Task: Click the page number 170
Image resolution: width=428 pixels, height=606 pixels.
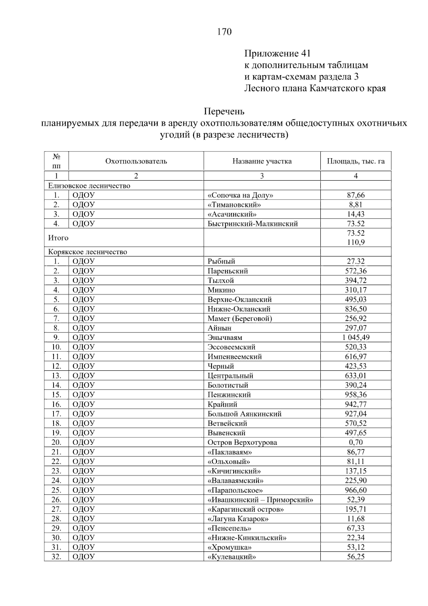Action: [224, 32]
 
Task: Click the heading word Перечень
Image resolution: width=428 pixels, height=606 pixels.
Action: [224, 111]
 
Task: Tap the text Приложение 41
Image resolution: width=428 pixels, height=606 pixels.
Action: [277, 54]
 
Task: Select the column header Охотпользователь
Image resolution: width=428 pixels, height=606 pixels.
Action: [136, 161]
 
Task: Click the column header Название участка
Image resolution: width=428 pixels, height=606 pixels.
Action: [262, 161]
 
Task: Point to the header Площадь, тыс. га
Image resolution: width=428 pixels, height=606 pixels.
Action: [356, 161]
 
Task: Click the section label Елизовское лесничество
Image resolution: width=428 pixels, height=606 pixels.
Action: [89, 186]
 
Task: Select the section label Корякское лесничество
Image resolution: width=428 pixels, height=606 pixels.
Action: [88, 252]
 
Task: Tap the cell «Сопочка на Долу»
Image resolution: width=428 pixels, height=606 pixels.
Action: [241, 195]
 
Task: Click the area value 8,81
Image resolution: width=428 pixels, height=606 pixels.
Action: [356, 205]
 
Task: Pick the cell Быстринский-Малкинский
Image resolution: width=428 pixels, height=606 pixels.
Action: [253, 224]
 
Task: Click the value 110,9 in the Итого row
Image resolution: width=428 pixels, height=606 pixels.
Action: [356, 242]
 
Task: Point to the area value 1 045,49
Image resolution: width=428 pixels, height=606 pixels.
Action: [356, 337]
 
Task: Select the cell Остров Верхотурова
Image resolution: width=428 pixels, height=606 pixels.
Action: [242, 442]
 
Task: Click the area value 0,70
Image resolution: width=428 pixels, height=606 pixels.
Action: [356, 442]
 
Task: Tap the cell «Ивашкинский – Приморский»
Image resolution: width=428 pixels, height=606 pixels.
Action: [260, 500]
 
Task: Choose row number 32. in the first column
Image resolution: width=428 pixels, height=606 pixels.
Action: [56, 557]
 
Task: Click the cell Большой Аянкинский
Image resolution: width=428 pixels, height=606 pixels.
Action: [244, 414]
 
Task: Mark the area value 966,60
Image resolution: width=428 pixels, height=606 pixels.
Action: [356, 490]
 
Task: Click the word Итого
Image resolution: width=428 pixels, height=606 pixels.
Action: [58, 238]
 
